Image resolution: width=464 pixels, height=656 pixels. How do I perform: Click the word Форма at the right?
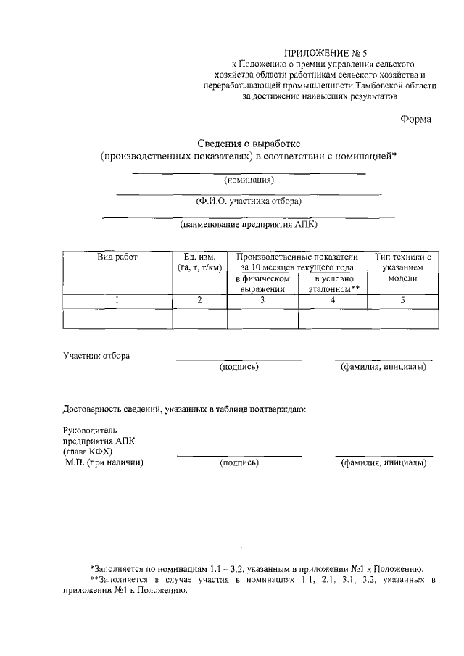pyautogui.click(x=415, y=119)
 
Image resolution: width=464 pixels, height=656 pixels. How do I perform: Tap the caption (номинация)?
pyautogui.click(x=249, y=179)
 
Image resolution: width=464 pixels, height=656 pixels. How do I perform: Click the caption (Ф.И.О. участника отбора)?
pyautogui.click(x=249, y=202)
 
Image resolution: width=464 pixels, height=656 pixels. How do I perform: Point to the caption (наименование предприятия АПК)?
pyautogui.click(x=249, y=224)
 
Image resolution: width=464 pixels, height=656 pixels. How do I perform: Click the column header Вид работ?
pyautogui.click(x=117, y=257)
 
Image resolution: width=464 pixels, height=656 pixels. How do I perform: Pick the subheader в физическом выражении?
pyautogui.click(x=262, y=283)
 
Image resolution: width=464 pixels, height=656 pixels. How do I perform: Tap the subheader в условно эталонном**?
pyautogui.click(x=333, y=283)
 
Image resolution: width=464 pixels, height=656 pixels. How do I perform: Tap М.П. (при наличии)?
pyautogui.click(x=104, y=462)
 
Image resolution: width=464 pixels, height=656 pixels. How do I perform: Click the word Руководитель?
pyautogui.click(x=90, y=430)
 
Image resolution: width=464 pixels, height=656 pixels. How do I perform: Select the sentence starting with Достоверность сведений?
pyautogui.click(x=185, y=410)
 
